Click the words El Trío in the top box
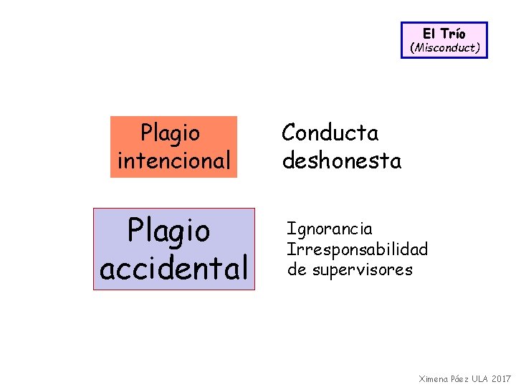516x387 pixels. tap(444, 34)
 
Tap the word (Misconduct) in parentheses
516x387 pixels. tap(444, 48)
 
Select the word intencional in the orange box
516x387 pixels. tap(174, 161)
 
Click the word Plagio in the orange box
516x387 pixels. tap(171, 133)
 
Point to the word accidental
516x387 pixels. tap(173, 268)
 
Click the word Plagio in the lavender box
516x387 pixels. tap(168, 231)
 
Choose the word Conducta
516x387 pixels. tap(330, 133)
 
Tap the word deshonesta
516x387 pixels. tap(342, 161)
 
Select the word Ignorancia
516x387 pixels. tap(330, 229)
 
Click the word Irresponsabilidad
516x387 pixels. tap(357, 249)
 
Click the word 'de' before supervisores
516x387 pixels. tap(296, 269)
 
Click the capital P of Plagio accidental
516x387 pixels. tap(135, 231)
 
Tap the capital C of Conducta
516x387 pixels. tap(290, 133)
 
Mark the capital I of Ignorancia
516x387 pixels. tap(290, 229)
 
